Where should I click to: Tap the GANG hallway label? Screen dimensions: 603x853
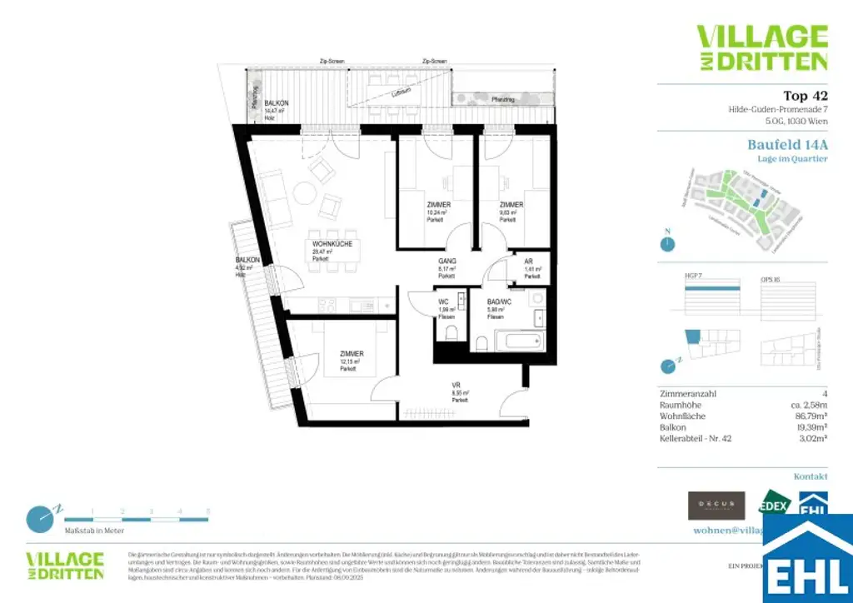(x=446, y=262)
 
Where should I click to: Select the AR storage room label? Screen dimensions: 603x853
(x=528, y=261)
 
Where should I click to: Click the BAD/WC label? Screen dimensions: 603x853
(x=500, y=302)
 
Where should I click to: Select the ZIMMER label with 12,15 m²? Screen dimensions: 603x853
(x=351, y=354)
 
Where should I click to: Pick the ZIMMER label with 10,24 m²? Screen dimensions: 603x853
(x=438, y=205)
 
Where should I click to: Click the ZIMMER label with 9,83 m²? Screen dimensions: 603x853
(x=511, y=205)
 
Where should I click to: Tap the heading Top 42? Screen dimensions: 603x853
(x=805, y=96)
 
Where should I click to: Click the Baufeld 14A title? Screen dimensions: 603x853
(x=787, y=144)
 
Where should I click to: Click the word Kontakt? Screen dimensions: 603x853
(x=811, y=476)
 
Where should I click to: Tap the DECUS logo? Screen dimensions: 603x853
(x=716, y=505)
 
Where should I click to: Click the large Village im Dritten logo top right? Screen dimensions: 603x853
(x=762, y=47)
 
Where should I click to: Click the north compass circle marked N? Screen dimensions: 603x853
(x=667, y=244)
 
